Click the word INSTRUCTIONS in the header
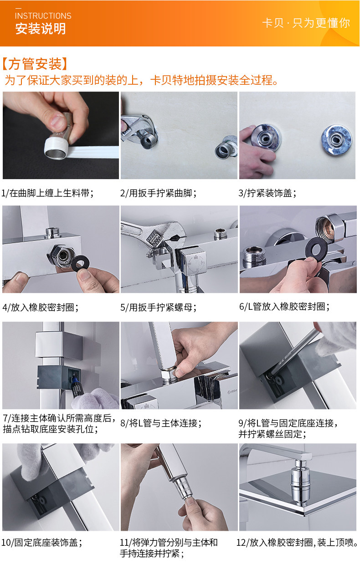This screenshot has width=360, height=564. tap(43, 16)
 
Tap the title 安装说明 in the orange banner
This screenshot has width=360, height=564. tap(41, 28)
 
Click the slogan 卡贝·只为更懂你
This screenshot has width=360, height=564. tap(306, 23)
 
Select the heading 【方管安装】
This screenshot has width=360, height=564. tap(35, 64)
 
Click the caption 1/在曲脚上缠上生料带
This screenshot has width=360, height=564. tap(47, 193)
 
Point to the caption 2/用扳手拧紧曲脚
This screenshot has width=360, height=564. tap(158, 193)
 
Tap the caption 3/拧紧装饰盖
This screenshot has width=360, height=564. tap(267, 193)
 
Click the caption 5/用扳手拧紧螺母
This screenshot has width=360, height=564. tap(158, 307)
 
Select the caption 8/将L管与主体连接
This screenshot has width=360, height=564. tap(161, 423)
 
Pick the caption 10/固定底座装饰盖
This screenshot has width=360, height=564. tap(42, 542)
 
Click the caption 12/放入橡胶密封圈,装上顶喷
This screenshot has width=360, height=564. tap(297, 542)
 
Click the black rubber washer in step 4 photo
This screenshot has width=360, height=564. tap(80, 264)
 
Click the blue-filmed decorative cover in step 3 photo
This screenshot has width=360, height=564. tap(336, 139)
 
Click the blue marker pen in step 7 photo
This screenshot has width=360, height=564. tap(76, 386)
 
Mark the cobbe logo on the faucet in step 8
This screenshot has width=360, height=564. tap(232, 391)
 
